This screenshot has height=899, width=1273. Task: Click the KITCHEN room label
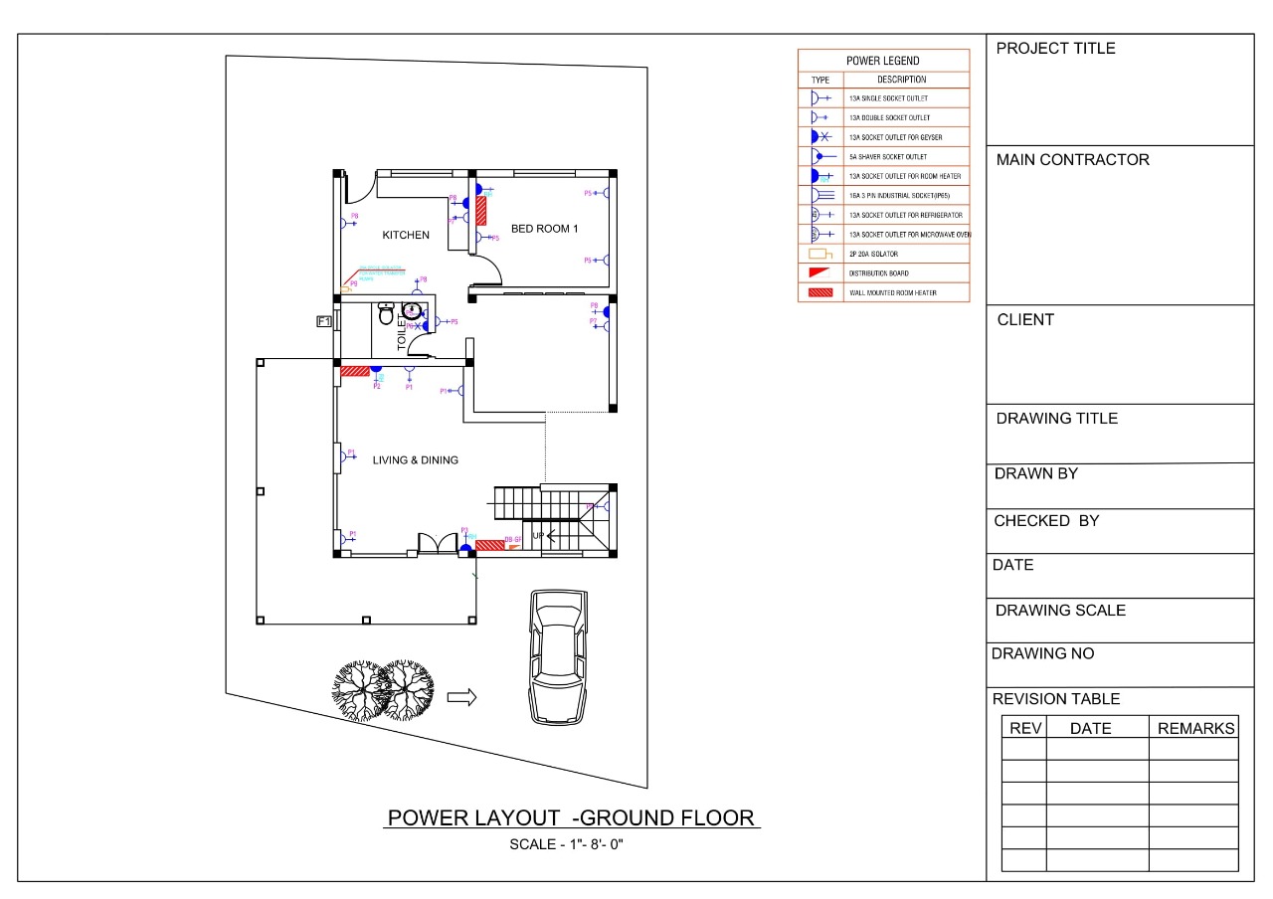tap(406, 236)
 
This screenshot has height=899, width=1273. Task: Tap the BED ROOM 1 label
tap(544, 229)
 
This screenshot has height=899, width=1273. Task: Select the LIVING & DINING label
tap(415, 460)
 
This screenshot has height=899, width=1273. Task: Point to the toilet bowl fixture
tap(387, 314)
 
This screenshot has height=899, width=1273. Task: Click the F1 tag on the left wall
tap(323, 320)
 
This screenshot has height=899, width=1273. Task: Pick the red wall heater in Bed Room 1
tap(480, 210)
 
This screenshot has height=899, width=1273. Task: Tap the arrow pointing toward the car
tap(461, 697)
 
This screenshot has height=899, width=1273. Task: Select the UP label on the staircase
tap(538, 535)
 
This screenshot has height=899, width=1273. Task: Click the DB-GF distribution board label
tap(513, 539)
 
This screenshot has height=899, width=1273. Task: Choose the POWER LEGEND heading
tap(882, 61)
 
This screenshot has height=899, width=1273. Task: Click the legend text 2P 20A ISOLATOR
tap(873, 254)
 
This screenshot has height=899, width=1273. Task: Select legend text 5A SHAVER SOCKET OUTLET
tap(887, 157)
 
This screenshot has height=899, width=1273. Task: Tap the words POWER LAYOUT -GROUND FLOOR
tap(572, 818)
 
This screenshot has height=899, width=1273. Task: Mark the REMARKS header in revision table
tap(1195, 729)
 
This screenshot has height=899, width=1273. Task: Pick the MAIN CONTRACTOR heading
tap(1072, 160)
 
